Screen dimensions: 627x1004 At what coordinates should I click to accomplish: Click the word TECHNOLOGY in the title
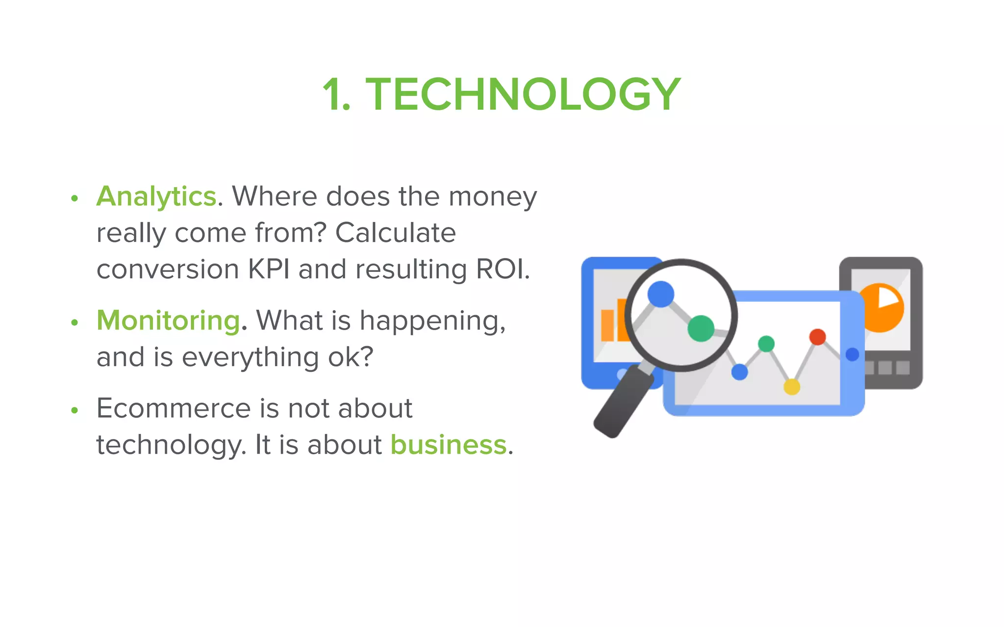click(523, 94)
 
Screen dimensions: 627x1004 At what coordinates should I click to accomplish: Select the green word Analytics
click(156, 197)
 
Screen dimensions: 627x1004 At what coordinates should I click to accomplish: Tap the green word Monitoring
click(168, 321)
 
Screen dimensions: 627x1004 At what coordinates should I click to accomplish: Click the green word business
click(448, 445)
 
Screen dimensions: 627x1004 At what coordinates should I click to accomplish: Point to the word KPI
click(269, 269)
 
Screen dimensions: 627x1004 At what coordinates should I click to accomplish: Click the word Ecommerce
click(174, 408)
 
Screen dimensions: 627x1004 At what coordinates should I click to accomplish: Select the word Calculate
click(395, 233)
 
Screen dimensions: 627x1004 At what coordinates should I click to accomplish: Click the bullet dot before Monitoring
click(75, 322)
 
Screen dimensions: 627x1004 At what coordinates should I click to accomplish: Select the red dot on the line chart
click(817, 337)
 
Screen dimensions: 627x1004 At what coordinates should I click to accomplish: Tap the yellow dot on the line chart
click(792, 387)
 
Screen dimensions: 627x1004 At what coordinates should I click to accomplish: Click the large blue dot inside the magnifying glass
click(660, 294)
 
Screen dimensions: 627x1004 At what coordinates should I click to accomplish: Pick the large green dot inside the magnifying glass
click(701, 329)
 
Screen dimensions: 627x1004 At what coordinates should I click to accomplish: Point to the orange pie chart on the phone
click(882, 309)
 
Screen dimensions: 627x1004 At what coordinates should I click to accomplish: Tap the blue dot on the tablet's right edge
click(852, 354)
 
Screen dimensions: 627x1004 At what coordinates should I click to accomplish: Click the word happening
click(432, 321)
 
